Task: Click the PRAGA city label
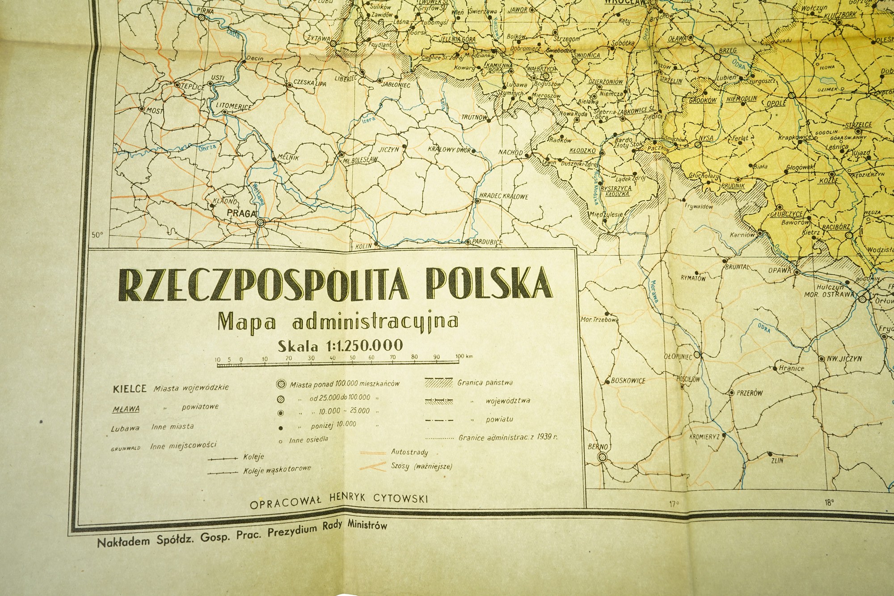click(x=242, y=213)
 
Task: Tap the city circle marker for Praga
click(x=261, y=222)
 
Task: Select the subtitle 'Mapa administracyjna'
click(x=338, y=321)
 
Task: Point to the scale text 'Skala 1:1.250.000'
click(x=340, y=345)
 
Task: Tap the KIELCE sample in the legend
click(x=130, y=388)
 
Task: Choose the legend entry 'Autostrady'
click(x=409, y=452)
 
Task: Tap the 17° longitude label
click(x=674, y=504)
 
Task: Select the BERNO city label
click(x=598, y=446)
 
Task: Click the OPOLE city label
click(x=776, y=103)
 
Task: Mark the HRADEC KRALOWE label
click(x=503, y=196)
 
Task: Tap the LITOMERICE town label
click(x=233, y=106)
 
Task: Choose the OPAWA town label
click(x=780, y=270)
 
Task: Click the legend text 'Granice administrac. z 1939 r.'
click(x=508, y=437)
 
